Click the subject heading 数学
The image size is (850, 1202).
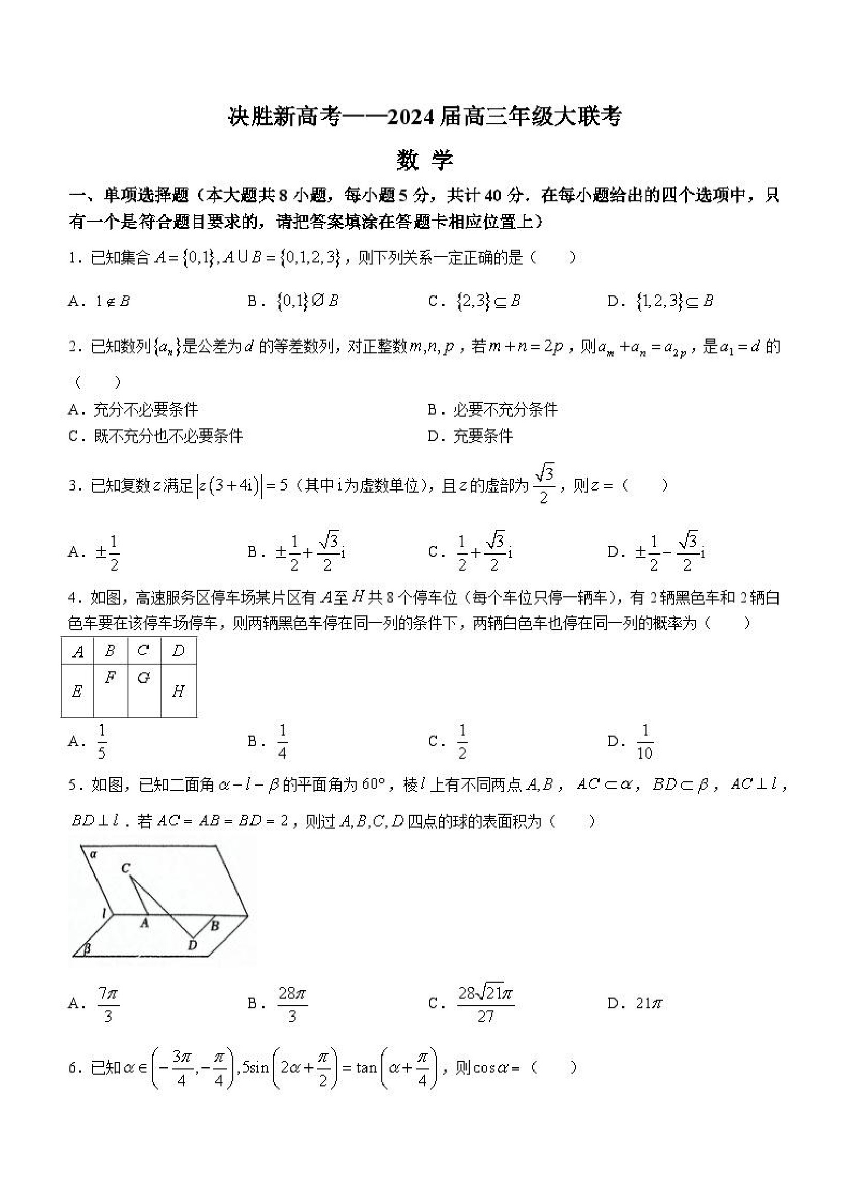[x=424, y=160]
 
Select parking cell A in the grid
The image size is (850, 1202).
[x=78, y=652]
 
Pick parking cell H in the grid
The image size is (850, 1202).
[x=178, y=691]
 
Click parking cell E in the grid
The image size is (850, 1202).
[x=77, y=691]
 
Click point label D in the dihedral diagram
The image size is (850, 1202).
[x=192, y=945]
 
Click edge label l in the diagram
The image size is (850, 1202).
[x=104, y=913]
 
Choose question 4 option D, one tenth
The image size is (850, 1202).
[x=645, y=741]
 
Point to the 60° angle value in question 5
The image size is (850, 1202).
[x=373, y=785]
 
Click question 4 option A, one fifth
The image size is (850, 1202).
[x=102, y=741]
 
